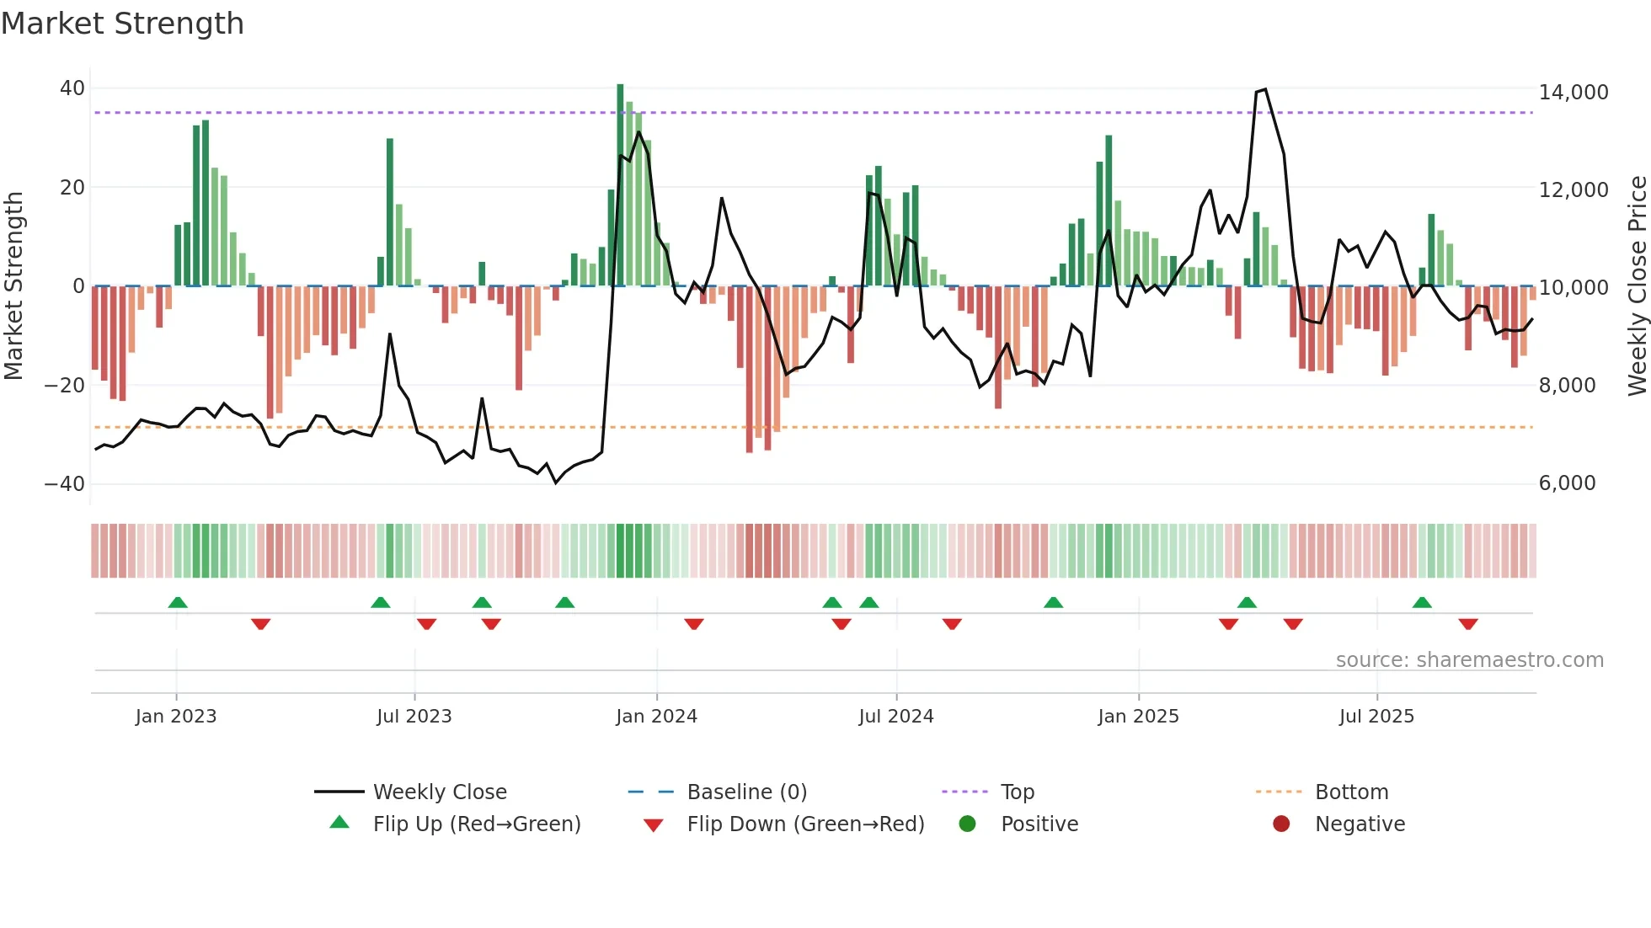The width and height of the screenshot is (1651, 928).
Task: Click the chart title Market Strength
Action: (122, 24)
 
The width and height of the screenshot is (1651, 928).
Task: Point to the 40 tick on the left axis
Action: (72, 88)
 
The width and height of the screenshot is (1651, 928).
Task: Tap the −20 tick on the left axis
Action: (65, 386)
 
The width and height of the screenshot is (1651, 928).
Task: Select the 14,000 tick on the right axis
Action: (1573, 93)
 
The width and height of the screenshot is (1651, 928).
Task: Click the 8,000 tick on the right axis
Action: (1567, 386)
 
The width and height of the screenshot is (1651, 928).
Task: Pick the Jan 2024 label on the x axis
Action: (656, 717)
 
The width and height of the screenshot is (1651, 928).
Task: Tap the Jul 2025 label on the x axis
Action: (1376, 717)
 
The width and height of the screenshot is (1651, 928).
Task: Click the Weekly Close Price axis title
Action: (1637, 286)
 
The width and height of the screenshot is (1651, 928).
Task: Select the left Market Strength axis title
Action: (13, 286)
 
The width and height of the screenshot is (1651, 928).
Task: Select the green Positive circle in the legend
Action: (967, 824)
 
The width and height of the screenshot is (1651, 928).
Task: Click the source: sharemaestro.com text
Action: (1469, 660)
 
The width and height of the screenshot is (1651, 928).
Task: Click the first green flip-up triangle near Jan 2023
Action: (178, 603)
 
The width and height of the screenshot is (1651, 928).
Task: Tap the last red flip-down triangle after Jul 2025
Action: (1468, 624)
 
